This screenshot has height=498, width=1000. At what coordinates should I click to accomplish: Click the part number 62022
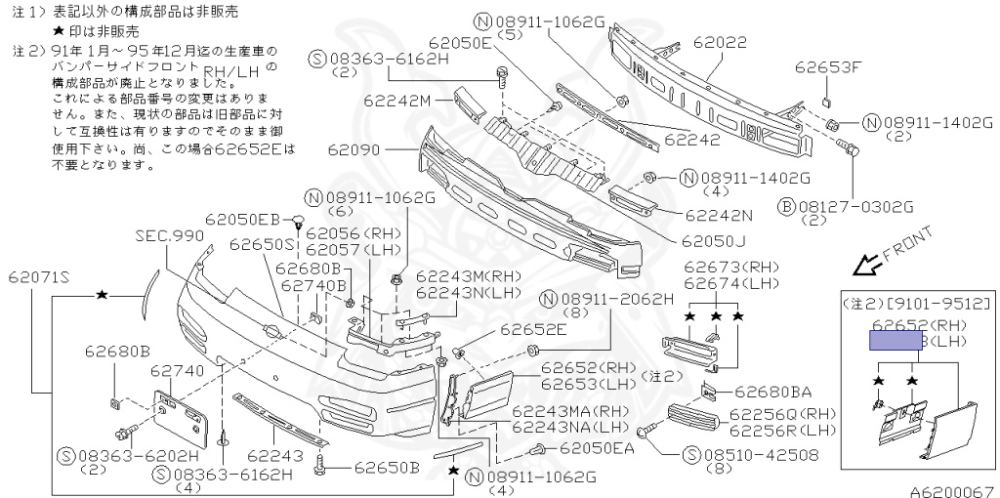[720, 43]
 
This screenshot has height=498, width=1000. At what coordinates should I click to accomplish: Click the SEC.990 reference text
[170, 236]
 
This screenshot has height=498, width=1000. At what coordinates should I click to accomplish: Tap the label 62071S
[41, 277]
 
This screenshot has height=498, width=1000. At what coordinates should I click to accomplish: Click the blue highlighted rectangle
[896, 340]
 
